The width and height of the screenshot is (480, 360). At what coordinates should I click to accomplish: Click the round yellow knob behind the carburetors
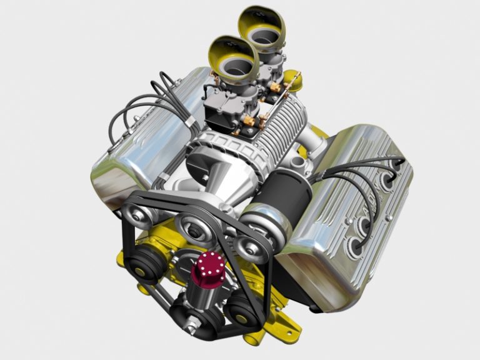pos(292,79)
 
